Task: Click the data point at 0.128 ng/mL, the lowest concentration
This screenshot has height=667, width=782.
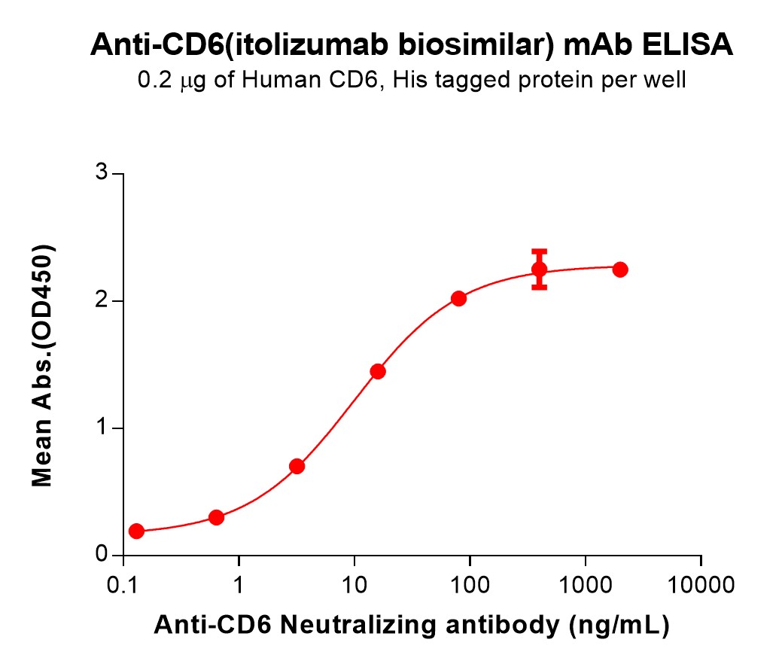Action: click(136, 531)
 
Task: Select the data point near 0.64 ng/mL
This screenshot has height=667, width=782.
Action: click(216, 517)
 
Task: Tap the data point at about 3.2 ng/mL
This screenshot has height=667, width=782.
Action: click(297, 466)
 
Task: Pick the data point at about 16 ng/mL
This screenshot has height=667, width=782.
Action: click(378, 371)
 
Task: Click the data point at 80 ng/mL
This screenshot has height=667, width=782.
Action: click(458, 298)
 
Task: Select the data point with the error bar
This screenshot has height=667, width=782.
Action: click(539, 270)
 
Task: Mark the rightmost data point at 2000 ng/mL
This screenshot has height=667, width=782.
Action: click(620, 270)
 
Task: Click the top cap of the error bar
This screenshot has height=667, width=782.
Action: click(539, 251)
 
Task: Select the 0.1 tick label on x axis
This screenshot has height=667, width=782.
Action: click(123, 583)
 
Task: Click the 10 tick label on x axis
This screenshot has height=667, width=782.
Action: click(354, 583)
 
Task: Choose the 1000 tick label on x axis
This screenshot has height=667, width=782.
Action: click(586, 583)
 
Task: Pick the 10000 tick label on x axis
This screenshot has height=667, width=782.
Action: click(701, 583)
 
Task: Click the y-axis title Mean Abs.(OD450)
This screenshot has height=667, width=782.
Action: click(42, 365)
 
